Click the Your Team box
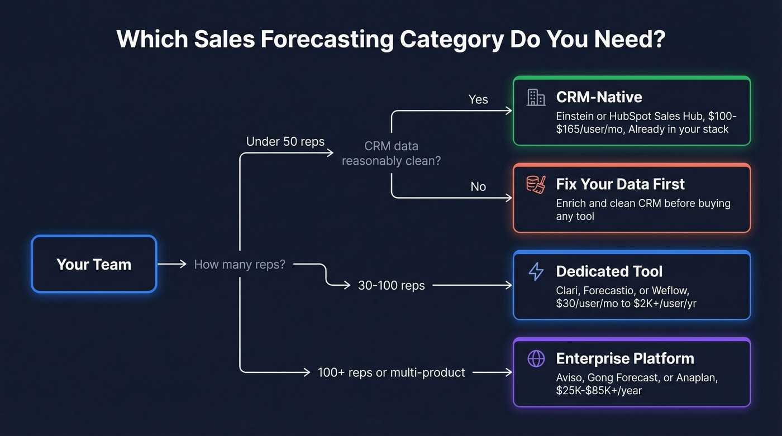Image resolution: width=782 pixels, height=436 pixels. point(94,264)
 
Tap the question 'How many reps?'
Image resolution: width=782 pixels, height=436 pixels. point(240,264)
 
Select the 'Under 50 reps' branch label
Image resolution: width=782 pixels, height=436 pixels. point(285,141)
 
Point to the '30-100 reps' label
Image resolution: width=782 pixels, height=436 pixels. point(391,285)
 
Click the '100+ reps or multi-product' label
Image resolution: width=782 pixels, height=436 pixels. point(391,372)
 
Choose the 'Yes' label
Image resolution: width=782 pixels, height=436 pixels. point(478,99)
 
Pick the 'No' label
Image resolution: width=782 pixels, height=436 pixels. point(478,186)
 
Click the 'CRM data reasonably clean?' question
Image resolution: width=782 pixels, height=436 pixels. point(391,154)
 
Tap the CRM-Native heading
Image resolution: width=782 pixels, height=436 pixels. point(599,97)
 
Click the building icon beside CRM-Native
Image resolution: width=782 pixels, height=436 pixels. point(536,97)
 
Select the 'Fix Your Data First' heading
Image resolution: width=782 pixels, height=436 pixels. point(620,184)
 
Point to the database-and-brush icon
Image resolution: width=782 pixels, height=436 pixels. point(536,184)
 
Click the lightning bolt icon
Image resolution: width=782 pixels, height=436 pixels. point(536,271)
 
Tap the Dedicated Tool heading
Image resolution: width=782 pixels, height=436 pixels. point(609,271)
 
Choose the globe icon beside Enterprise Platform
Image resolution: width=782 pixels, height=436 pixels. point(536,358)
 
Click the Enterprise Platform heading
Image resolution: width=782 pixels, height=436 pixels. point(624,358)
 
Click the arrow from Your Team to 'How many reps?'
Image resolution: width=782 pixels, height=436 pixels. point(172,264)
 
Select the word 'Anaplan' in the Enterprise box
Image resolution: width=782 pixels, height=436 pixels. point(697,377)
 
